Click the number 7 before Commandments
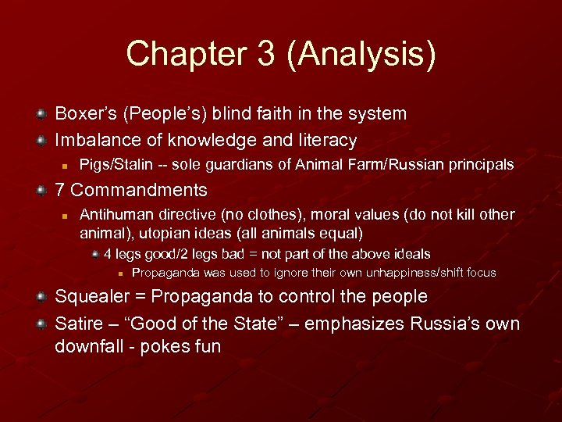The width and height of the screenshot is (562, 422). [x=59, y=190]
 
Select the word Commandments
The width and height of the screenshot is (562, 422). [x=139, y=190]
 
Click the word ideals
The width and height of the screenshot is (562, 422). [x=410, y=254]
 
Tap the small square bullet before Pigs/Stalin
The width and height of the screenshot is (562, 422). [x=67, y=166]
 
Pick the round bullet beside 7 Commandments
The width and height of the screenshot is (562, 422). [x=41, y=191]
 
